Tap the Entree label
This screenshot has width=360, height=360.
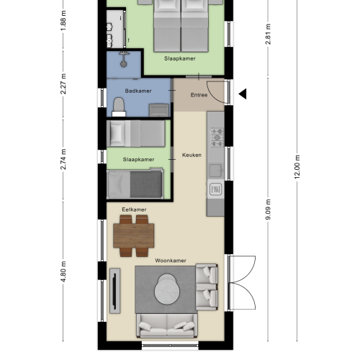[199, 95]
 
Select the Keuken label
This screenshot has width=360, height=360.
[191, 155]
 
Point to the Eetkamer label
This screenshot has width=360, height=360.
[134, 210]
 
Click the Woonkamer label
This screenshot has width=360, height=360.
[170, 260]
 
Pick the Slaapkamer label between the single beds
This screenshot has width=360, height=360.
[138, 159]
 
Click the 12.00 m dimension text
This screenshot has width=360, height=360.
[297, 168]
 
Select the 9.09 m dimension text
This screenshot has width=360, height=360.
[268, 210]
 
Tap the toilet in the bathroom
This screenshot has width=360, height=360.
[120, 107]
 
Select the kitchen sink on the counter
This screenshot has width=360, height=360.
[216, 189]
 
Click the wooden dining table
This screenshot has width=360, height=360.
[134, 234]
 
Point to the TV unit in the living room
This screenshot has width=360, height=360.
[114, 291]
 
